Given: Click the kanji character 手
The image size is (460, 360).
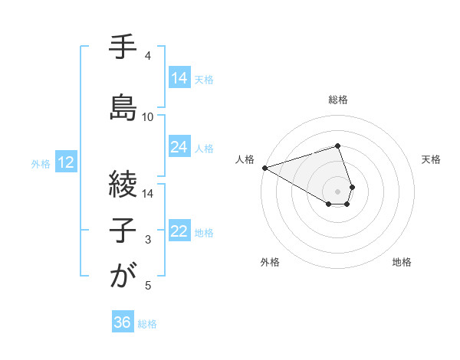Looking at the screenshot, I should (123, 47).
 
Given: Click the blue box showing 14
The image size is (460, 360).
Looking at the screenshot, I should (179, 77).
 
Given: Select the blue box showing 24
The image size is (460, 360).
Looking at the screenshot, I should (179, 147).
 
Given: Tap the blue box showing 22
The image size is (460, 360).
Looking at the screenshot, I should (179, 231).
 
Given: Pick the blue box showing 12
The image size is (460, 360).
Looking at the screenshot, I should (65, 162).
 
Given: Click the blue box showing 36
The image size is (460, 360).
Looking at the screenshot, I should (123, 322).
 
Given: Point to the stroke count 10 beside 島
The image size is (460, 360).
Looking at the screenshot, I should (148, 117).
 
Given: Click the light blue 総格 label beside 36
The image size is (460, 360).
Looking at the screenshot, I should (147, 324).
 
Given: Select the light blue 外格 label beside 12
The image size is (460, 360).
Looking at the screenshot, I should (41, 163).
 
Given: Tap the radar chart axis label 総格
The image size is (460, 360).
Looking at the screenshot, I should (337, 100).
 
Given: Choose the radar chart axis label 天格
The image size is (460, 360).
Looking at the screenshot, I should (431, 159).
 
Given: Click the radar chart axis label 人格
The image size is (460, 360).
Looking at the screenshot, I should (245, 159).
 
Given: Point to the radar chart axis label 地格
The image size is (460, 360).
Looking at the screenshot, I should (402, 263).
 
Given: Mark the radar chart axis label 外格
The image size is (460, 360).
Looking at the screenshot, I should (270, 263).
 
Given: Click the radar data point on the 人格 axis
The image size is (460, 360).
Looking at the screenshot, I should (264, 168).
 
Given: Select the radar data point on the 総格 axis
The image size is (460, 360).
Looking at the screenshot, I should (337, 146).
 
